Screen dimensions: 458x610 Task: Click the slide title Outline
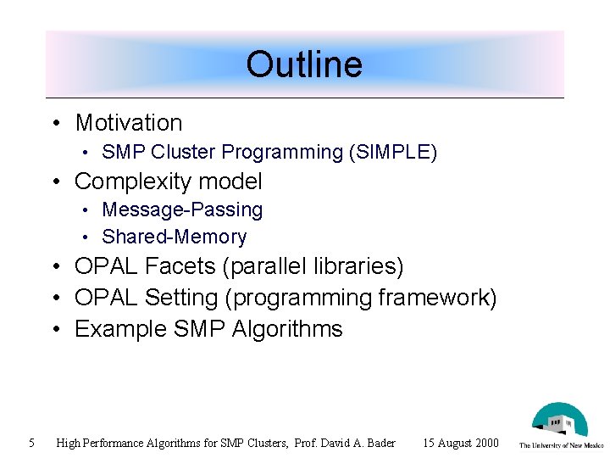pyautogui.click(x=304, y=64)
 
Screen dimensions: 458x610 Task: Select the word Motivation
pyautogui.click(x=129, y=123)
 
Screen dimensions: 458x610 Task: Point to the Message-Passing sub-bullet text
pyautogui.click(x=182, y=209)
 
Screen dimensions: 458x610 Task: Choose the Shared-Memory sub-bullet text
pyautogui.click(x=174, y=237)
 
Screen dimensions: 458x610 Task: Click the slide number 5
pyautogui.click(x=30, y=442)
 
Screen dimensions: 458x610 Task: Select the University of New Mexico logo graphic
pyautogui.click(x=559, y=421)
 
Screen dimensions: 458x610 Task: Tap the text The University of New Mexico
pyautogui.click(x=561, y=445)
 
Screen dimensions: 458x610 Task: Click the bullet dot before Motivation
pyautogui.click(x=55, y=124)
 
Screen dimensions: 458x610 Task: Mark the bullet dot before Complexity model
pyautogui.click(x=55, y=182)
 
